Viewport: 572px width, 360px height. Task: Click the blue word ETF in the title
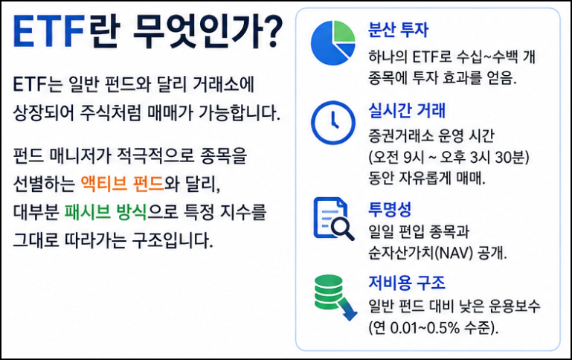point(49,31)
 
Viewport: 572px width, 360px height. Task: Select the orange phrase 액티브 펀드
point(122,183)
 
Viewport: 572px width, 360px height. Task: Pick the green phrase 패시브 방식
point(106,211)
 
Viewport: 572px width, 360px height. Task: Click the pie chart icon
point(333,42)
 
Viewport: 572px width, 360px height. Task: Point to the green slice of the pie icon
point(344,31)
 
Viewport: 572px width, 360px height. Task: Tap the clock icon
point(333,123)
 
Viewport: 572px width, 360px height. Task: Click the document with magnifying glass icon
point(333,219)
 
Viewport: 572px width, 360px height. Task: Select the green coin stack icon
point(328,292)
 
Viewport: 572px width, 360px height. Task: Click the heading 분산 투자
point(399,30)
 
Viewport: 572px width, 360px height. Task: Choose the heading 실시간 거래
point(407,110)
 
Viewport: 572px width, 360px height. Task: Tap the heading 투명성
point(390,209)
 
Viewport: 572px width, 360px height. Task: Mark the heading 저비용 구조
point(407,283)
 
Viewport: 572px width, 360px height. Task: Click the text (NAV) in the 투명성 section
point(455,253)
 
